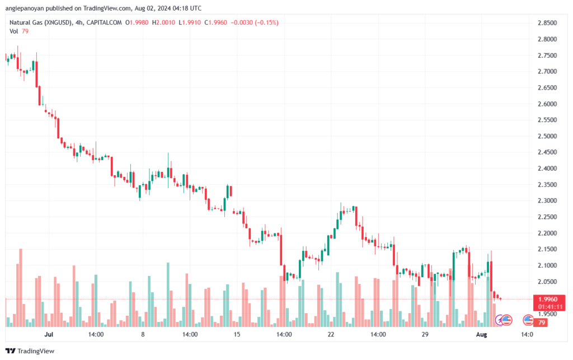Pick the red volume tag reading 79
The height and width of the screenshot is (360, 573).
tap(542, 323)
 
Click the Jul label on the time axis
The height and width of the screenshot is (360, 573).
tap(49, 334)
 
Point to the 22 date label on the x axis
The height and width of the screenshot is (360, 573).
tap(331, 334)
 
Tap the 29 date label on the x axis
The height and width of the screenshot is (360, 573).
tap(425, 334)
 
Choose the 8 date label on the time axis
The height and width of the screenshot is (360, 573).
tap(143, 334)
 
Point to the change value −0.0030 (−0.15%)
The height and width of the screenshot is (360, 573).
tap(255, 22)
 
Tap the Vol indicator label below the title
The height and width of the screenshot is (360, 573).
tap(14, 31)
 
